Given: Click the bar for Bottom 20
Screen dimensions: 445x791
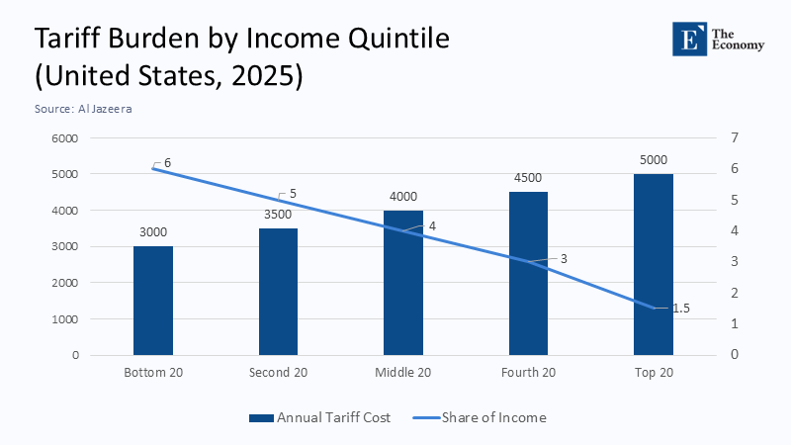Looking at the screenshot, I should tap(152, 301).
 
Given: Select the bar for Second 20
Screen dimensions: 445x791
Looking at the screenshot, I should tap(278, 292).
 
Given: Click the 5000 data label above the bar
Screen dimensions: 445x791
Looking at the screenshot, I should tap(654, 160).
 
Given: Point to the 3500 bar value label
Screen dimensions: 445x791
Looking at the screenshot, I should tap(278, 214).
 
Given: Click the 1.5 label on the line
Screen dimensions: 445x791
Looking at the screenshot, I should tap(681, 309).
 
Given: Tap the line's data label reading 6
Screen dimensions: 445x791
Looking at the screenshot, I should tap(168, 162).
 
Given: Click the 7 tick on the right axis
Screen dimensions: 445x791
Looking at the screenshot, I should tap(733, 138).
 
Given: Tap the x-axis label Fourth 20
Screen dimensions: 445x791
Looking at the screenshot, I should tap(528, 373).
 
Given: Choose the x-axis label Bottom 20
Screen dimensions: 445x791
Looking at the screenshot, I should tap(152, 373).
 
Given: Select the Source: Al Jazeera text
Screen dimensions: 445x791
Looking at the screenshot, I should tap(83, 109).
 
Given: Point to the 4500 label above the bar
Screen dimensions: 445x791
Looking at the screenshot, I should tap(528, 178).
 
